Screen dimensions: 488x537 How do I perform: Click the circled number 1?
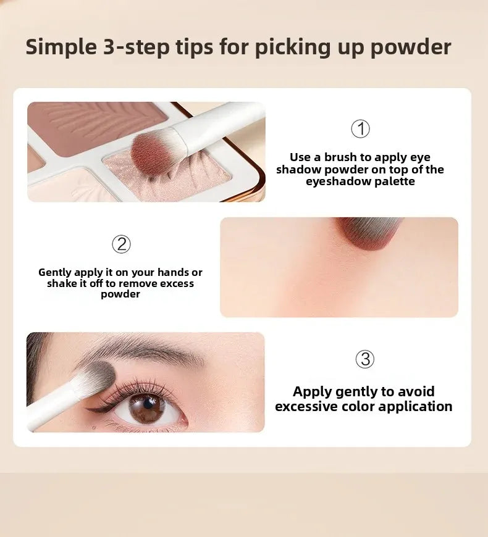pos(360,129)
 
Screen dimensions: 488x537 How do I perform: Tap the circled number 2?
pos(121,244)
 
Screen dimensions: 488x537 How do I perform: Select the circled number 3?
pos(364,359)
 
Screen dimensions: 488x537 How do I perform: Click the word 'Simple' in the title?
pos(61,48)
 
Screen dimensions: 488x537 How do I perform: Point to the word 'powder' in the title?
pos(411,48)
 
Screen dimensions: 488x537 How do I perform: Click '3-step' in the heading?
pos(136,48)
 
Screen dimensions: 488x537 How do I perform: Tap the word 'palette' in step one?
pos(395,181)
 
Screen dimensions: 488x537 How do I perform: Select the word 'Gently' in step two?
pos(55,273)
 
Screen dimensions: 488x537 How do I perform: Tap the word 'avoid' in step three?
pos(417,391)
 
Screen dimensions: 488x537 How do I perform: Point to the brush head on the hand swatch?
pos(368,232)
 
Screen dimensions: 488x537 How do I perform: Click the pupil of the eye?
pos(148,404)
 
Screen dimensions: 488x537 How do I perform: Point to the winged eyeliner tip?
pos(86,409)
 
